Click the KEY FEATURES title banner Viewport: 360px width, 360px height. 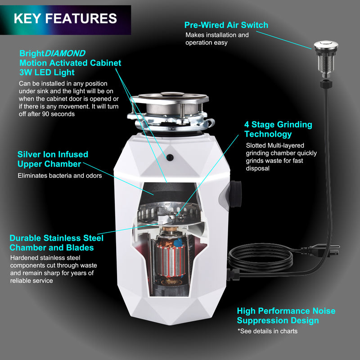(65, 19)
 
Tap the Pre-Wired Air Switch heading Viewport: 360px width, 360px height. (226, 25)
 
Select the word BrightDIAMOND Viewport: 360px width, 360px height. (52, 53)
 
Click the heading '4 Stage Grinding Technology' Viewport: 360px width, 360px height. (278, 129)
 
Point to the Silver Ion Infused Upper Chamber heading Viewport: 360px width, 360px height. (53, 159)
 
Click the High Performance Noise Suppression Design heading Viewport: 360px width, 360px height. (286, 315)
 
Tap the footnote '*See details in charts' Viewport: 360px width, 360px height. (267, 331)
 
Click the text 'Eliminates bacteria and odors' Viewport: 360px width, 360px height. (59, 175)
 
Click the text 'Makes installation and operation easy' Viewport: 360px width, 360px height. (217, 39)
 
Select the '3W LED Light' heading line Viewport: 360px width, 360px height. (47, 72)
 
